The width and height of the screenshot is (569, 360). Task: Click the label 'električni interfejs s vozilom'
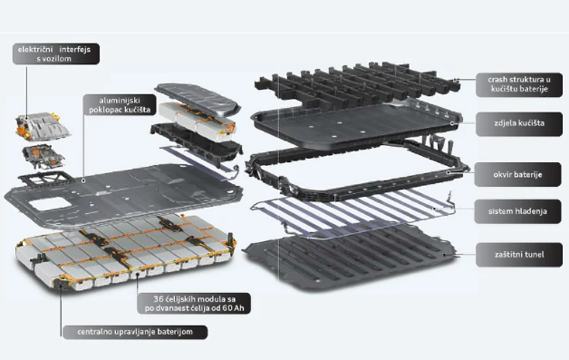click(56, 54)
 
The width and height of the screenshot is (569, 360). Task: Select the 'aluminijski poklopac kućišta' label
click(120, 105)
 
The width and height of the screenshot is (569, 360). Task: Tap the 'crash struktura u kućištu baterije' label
click(519, 84)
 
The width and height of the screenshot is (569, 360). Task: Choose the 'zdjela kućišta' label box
click(519, 123)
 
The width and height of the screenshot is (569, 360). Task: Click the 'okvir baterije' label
click(517, 174)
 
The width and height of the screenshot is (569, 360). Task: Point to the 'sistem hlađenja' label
click(517, 211)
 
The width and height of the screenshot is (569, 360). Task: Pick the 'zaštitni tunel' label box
click(519, 255)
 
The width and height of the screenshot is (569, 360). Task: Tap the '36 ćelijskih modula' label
click(194, 304)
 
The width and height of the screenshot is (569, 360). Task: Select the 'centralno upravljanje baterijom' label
click(135, 332)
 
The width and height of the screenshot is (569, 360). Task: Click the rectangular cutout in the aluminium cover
click(50, 204)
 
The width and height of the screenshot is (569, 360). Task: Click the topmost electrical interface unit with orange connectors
click(42, 126)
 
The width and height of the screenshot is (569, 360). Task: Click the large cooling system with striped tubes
click(352, 214)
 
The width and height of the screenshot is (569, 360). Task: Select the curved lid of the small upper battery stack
click(198, 97)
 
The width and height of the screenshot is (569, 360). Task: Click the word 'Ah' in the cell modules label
click(238, 308)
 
